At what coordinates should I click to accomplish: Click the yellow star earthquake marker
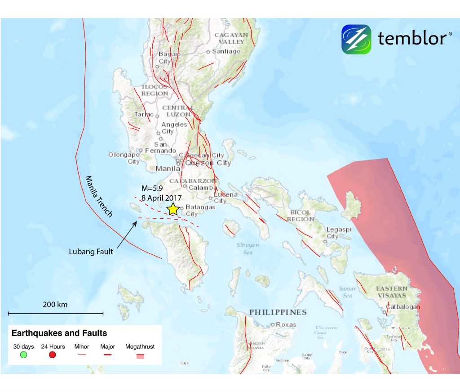pyautogui.click(x=172, y=209)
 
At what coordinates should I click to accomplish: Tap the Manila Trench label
pyautogui.click(x=98, y=196)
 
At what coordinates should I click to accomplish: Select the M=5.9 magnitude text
pyautogui.click(x=150, y=189)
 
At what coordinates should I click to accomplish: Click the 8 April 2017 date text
pyautogui.click(x=160, y=198)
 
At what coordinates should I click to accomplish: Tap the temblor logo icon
pyautogui.click(x=356, y=39)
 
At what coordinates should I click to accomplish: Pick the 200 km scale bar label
pyautogui.click(x=55, y=305)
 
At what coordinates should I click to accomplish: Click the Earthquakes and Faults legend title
pyautogui.click(x=59, y=333)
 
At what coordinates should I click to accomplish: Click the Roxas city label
pyautogui.click(x=286, y=324)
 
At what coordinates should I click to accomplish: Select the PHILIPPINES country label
pyautogui.click(x=278, y=312)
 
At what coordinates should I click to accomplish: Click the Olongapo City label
pyautogui.click(x=124, y=158)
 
